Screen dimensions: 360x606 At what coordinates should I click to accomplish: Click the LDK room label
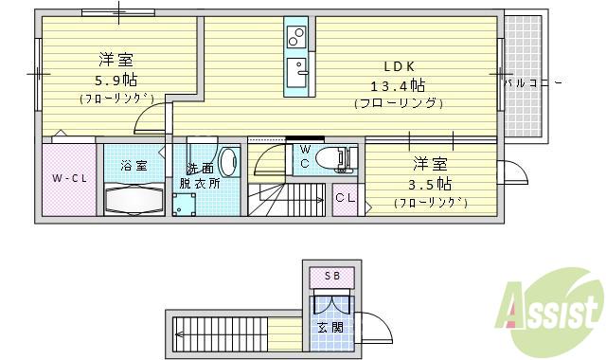tap(399, 66)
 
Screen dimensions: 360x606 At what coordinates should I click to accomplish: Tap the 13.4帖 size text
tap(399, 85)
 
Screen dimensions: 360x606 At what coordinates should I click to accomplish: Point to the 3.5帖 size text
tap(431, 183)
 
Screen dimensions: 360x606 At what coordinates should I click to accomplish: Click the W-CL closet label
tap(68, 178)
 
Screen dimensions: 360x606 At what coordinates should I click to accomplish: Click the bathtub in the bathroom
tap(133, 200)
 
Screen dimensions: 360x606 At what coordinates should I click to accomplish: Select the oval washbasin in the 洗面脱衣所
tap(228, 163)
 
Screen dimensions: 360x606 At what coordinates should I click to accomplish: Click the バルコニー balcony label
tap(532, 83)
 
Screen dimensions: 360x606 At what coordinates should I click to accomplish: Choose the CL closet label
tap(345, 198)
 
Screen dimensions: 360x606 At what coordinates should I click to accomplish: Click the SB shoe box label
tap(331, 277)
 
